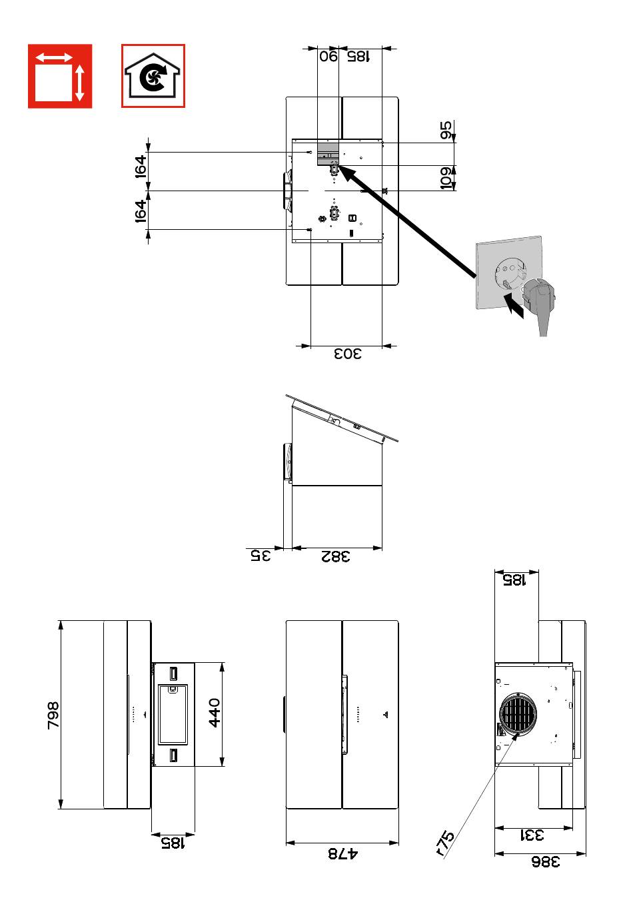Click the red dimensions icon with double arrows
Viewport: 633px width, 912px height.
click(x=60, y=76)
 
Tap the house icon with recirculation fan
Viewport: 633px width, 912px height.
click(x=153, y=76)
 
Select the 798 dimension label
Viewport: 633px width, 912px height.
click(x=54, y=715)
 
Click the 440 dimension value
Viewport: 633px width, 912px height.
click(x=214, y=714)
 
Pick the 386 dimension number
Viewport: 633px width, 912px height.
click(x=545, y=862)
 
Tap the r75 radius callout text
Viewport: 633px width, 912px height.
click(x=444, y=844)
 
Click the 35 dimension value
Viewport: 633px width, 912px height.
click(x=261, y=556)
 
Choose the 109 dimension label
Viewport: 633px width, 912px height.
click(x=446, y=178)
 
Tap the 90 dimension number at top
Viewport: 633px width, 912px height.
click(x=328, y=57)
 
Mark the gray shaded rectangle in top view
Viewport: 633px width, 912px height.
click(x=328, y=153)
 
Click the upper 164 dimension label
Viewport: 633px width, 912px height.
click(x=140, y=167)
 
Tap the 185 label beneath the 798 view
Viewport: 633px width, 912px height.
click(x=173, y=843)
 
